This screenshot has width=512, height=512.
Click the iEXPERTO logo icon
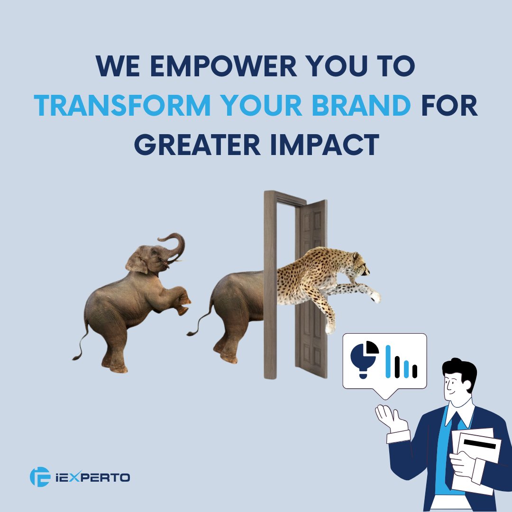point(39,476)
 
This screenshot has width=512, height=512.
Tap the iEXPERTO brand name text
point(94,477)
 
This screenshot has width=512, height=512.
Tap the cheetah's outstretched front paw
point(375,296)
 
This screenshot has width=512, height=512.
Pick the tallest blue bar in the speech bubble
point(388,361)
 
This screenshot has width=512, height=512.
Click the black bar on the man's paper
point(479,444)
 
